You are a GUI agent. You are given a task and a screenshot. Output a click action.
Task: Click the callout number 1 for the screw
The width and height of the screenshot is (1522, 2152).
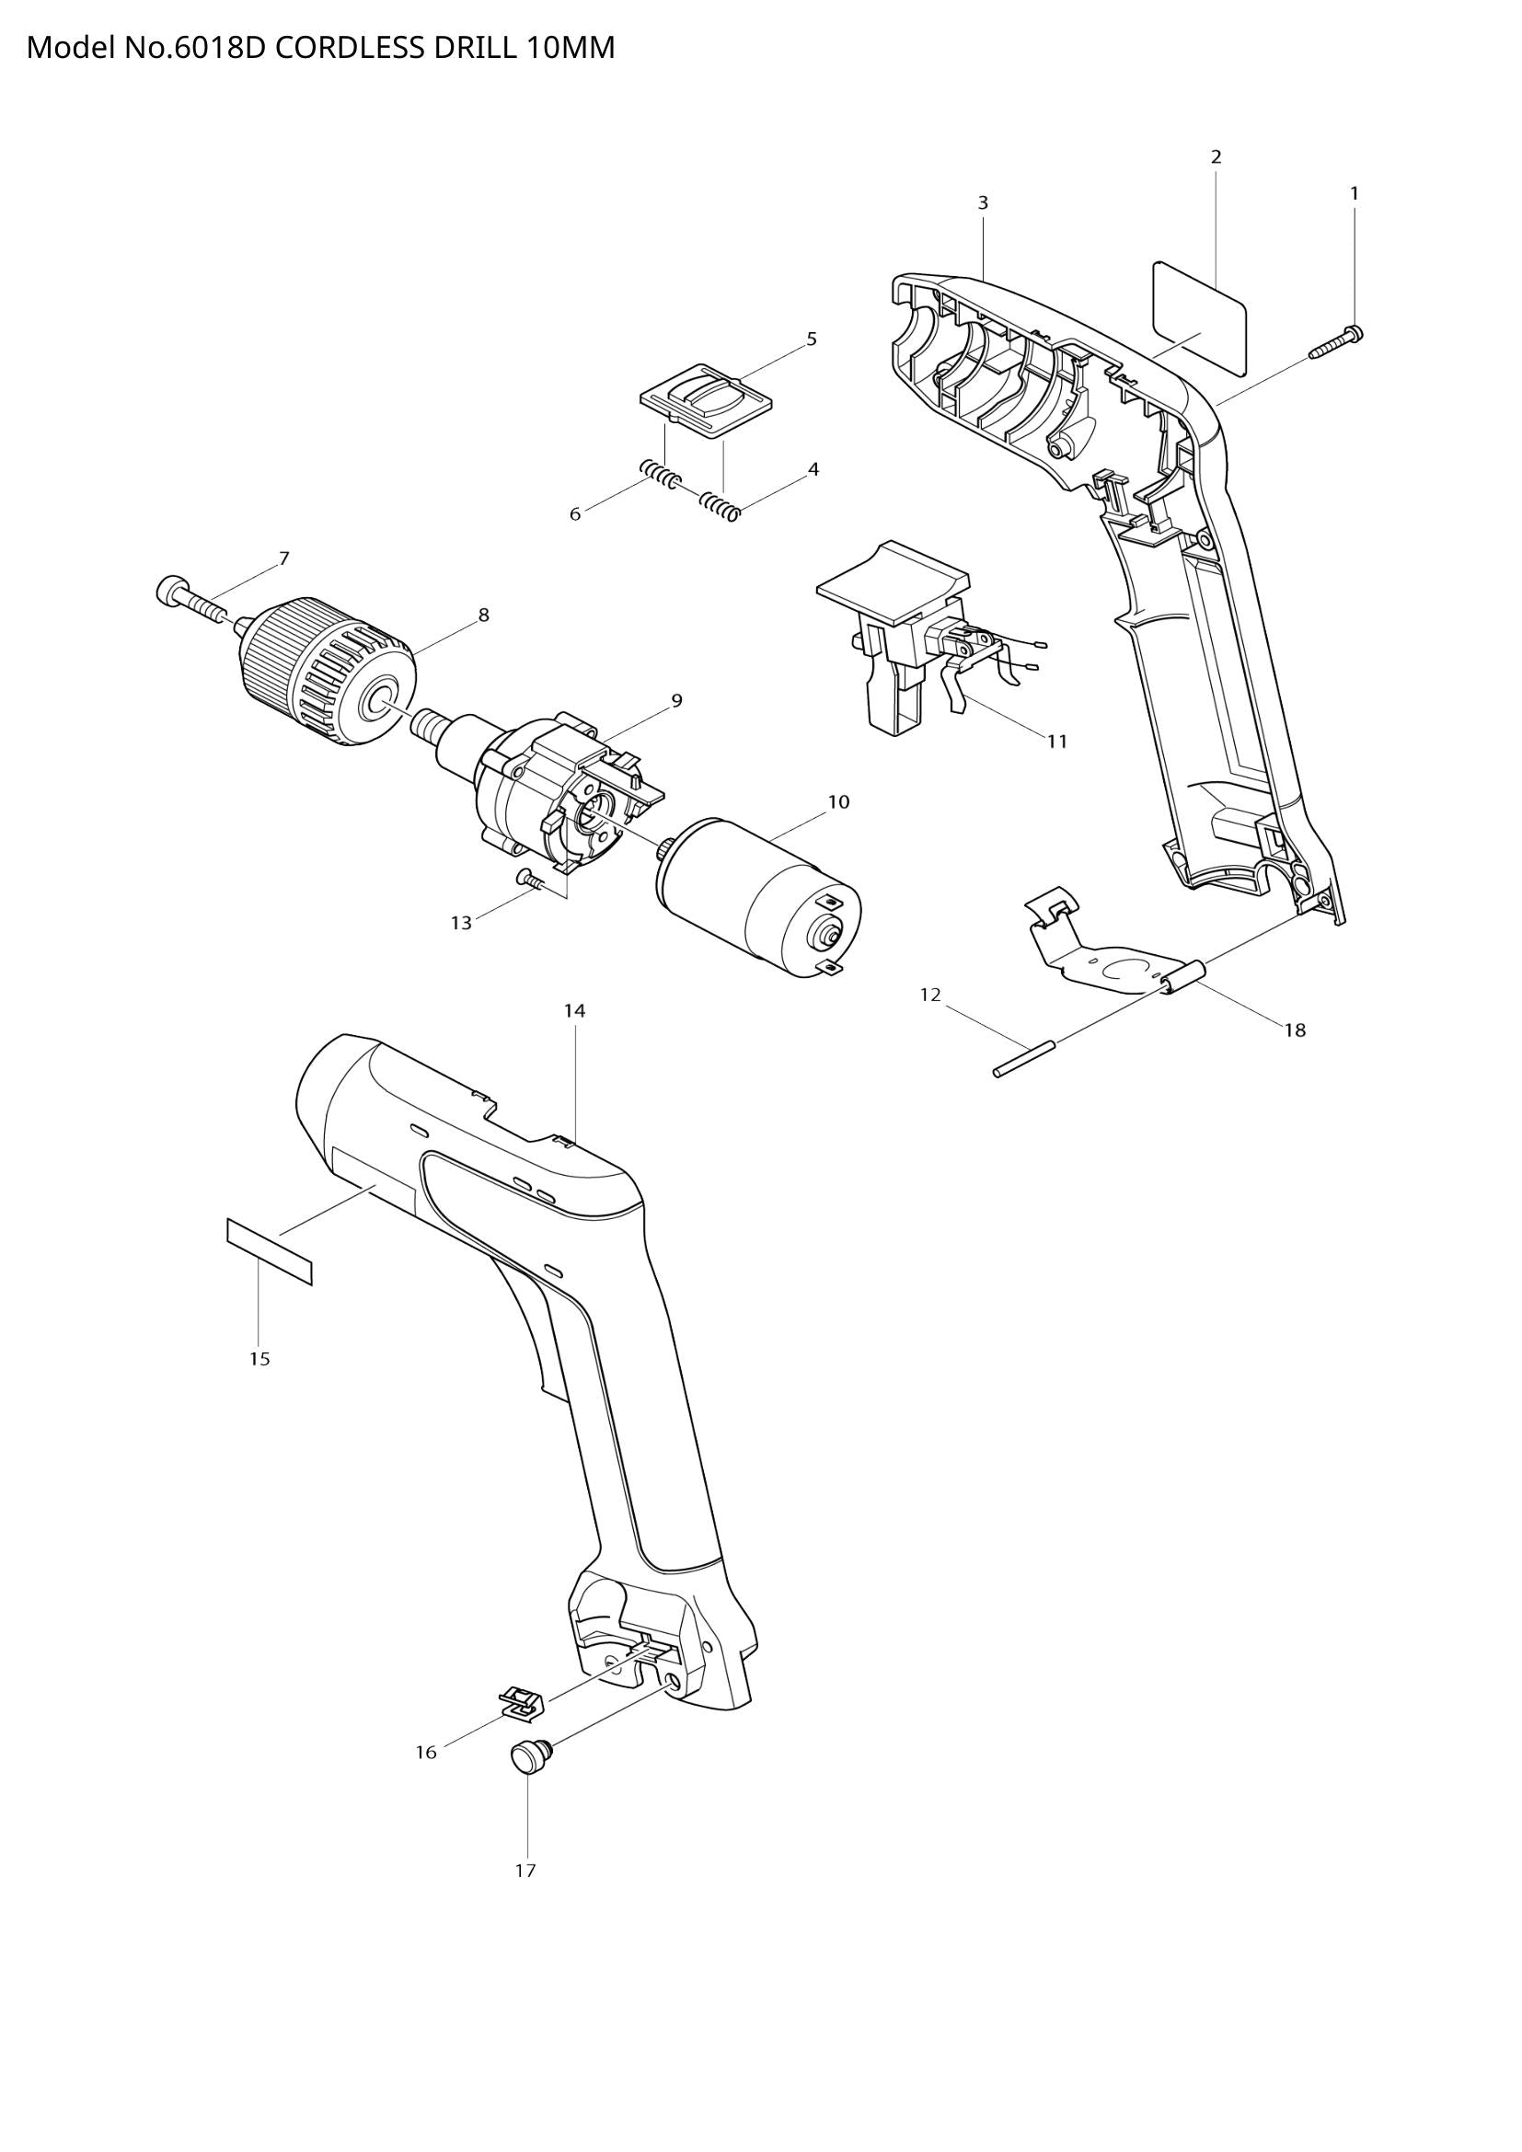pos(1355,193)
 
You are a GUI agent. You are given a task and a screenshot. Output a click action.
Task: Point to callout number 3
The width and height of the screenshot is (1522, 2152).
pos(982,202)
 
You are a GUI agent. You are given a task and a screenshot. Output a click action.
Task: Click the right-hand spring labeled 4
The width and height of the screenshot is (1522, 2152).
pos(721,505)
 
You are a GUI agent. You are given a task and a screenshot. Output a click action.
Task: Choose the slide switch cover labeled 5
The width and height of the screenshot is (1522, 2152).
pos(708,399)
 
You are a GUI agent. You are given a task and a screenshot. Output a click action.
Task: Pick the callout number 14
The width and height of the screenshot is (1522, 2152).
pos(574,1010)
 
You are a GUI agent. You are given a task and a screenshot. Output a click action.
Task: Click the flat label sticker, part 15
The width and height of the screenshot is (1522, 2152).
pos(269,1251)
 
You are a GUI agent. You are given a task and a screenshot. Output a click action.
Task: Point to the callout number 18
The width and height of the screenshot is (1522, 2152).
pos(1295,1030)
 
